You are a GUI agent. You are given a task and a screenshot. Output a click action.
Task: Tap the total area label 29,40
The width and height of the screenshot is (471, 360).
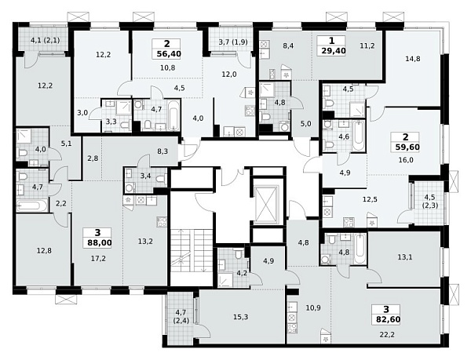tap(334, 51)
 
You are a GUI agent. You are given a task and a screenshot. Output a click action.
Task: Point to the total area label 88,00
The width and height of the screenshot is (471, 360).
tap(100, 242)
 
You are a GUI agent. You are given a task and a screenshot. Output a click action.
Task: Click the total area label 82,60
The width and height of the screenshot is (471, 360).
tap(388, 319)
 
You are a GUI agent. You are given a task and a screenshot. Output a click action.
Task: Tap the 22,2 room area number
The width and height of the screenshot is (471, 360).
tap(387, 334)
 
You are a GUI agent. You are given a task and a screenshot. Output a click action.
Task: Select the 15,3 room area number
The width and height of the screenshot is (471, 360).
tap(241, 317)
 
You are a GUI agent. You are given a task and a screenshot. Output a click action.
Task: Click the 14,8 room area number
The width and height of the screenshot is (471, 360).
tap(413, 59)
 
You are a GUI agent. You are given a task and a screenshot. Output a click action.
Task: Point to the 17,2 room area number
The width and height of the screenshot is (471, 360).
tap(98, 258)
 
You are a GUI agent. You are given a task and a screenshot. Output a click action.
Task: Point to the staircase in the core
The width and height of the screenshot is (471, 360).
tap(192, 250)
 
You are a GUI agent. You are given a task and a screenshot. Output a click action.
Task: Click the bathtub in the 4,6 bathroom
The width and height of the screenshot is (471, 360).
tap(359, 136)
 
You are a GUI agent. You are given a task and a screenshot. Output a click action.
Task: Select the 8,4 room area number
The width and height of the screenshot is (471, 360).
tap(288, 45)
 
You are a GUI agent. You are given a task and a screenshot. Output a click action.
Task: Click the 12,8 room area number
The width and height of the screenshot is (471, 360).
tap(44, 250)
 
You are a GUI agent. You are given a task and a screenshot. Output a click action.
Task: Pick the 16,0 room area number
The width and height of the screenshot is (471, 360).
tap(406, 160)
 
